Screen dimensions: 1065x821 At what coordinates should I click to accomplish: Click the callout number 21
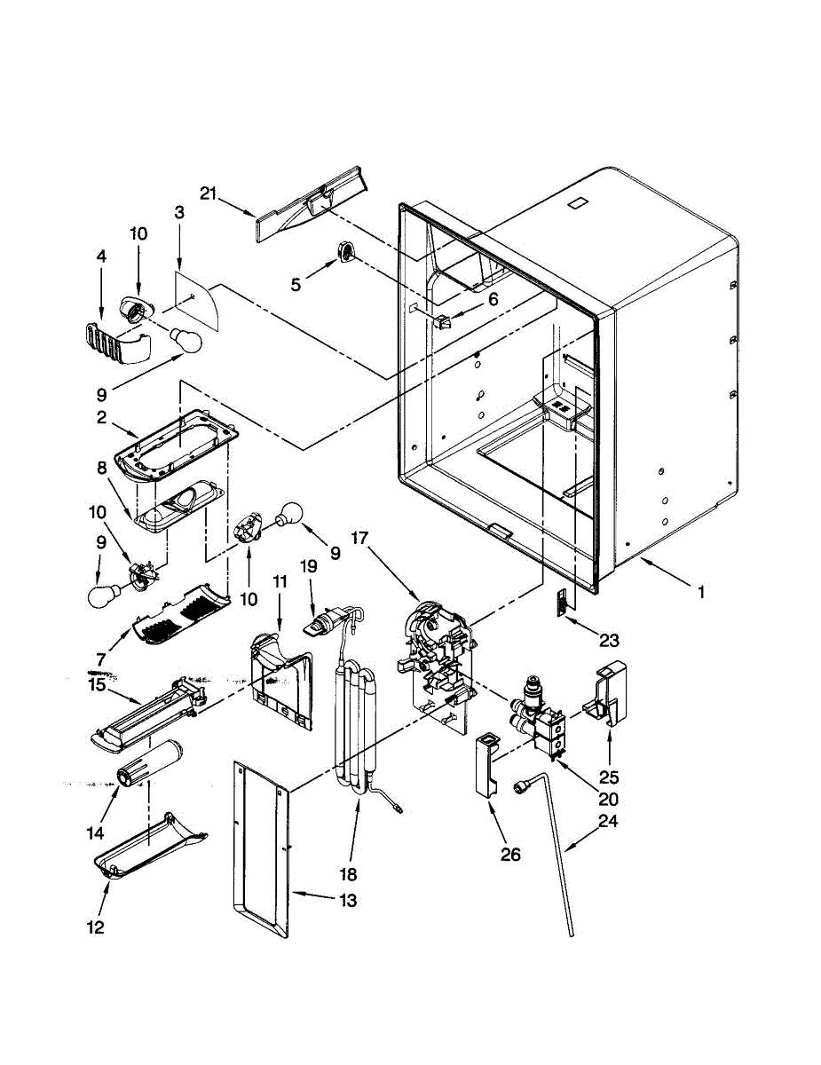point(208,194)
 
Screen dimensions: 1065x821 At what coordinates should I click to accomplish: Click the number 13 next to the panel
point(347,901)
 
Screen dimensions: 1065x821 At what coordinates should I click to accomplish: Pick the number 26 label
point(512,855)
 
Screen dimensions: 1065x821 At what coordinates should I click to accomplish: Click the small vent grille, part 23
point(561,603)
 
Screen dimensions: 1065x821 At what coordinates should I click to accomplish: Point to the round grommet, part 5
point(345,252)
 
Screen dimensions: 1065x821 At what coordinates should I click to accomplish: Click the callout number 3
point(179,212)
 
